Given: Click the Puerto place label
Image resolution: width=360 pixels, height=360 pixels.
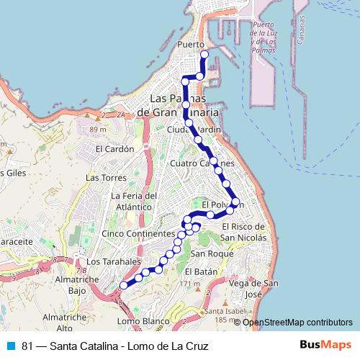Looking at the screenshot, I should tap(191, 45).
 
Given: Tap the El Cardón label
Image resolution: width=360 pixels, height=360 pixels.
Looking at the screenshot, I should tap(115, 150).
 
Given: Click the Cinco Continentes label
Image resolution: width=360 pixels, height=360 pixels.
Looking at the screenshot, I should tap(138, 234).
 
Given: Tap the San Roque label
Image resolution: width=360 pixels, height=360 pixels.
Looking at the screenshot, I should tap(208, 254).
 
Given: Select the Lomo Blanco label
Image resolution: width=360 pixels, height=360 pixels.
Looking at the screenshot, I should tap(137, 321).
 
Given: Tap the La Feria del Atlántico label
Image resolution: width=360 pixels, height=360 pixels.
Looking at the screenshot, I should tap(134, 202).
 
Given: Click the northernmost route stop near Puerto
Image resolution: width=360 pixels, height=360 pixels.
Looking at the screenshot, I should tap(204, 54).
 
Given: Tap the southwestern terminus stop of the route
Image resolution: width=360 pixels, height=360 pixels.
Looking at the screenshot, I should tap(123, 285).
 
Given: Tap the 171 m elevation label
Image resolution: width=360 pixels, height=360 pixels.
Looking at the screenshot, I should tap(189, 284).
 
